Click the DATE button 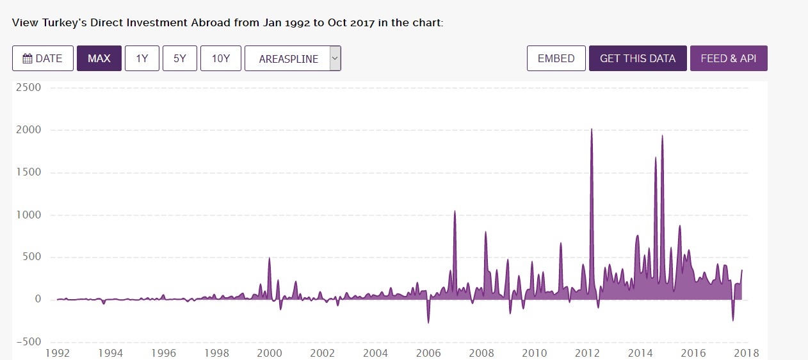[x=42, y=58]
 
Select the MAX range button [x=99, y=58]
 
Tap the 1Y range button [x=142, y=58]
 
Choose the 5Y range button [x=180, y=58]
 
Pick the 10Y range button [x=220, y=58]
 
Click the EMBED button [x=556, y=58]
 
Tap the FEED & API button [x=729, y=58]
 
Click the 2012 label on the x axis [x=587, y=353]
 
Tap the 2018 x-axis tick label [x=747, y=353]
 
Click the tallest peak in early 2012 [x=591, y=129]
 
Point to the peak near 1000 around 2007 [x=455, y=211]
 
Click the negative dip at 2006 [x=428, y=322]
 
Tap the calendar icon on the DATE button [x=28, y=58]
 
